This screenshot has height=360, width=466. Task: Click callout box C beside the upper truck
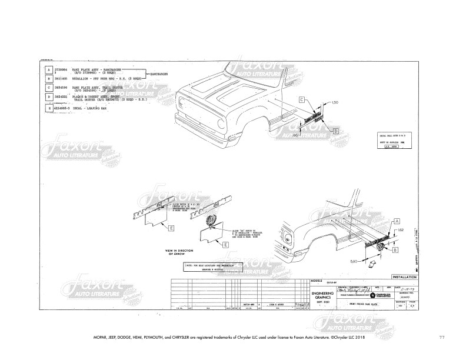[301, 101]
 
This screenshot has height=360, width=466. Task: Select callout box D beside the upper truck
[335, 130]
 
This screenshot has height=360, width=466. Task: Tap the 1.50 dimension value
[335, 103]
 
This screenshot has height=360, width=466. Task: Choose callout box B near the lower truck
[395, 249]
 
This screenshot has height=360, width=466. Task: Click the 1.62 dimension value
[400, 229]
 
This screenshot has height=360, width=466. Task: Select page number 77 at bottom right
[442, 336]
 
